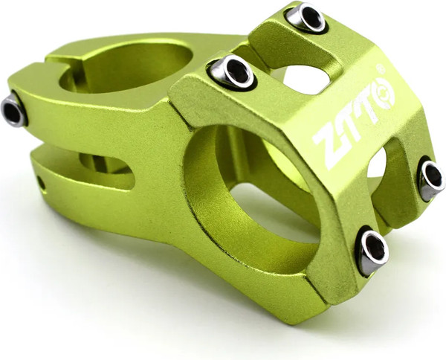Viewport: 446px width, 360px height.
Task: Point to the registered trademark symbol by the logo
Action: [381, 70]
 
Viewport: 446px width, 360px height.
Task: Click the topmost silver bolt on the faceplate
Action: [306, 18]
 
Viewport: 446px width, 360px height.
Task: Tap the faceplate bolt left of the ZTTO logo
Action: [232, 71]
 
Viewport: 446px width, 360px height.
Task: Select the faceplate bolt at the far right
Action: [432, 178]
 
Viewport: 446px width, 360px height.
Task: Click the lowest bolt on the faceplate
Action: [372, 251]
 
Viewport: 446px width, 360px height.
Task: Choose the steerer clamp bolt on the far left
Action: [13, 111]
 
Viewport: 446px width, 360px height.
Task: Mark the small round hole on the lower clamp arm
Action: [40, 181]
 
